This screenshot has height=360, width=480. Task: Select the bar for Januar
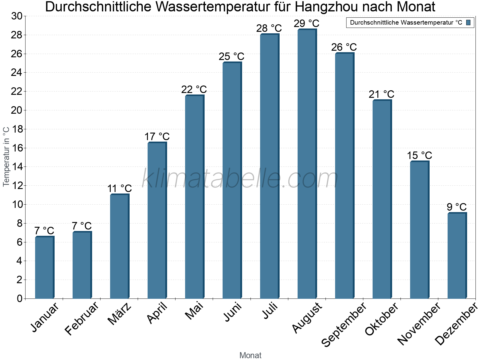(x=44, y=268)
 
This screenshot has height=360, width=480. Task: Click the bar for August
(x=307, y=164)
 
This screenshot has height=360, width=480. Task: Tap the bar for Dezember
(x=457, y=256)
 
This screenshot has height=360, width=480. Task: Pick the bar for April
(x=157, y=220)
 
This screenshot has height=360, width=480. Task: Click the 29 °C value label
(x=306, y=23)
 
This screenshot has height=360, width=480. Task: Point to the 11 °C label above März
(x=119, y=189)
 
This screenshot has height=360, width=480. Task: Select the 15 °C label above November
(x=419, y=156)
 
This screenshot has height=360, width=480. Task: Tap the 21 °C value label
(x=381, y=94)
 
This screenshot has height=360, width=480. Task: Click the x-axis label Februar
(x=82, y=318)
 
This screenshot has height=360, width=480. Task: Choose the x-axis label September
(x=344, y=324)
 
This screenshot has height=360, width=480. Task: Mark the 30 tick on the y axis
(x=17, y=16)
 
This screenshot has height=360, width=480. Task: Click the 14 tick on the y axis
(x=17, y=167)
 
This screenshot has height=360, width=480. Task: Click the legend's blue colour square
(x=468, y=22)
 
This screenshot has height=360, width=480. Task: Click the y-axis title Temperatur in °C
(x=6, y=157)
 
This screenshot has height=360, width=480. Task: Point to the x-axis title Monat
(x=250, y=355)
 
